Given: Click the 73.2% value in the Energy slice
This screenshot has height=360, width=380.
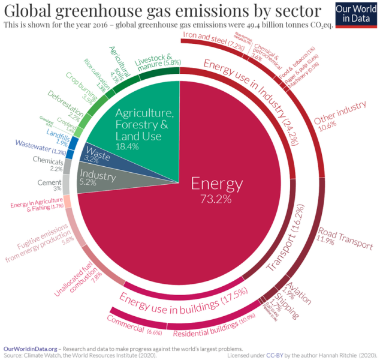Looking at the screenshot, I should (215, 199).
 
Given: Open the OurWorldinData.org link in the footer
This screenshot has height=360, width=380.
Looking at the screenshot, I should (30, 349).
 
